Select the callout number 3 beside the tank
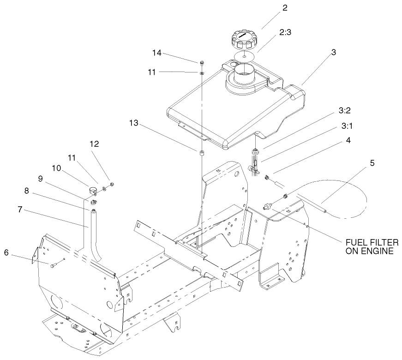coord(333,52)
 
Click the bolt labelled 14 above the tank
coord(202,61)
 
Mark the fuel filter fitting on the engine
coord(267,205)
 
